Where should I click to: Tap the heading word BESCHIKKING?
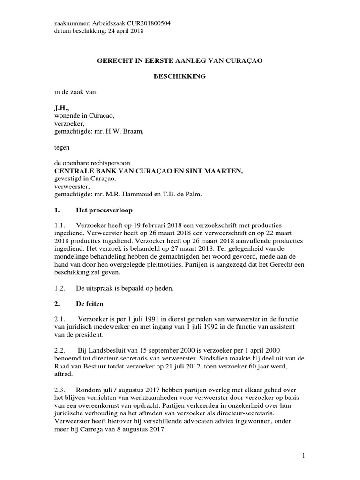tap(180, 76)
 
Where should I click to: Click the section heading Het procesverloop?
tap(101, 210)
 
